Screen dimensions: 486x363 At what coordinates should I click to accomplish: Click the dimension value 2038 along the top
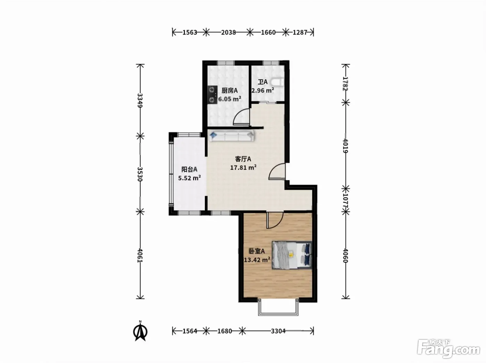[x=228, y=33]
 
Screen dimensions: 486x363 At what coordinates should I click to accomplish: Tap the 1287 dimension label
[x=300, y=33]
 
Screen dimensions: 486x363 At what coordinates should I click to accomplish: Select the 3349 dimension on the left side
[x=140, y=101]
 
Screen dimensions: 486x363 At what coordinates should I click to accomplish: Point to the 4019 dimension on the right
[x=346, y=146]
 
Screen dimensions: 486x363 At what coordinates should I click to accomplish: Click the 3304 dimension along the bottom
[x=278, y=331]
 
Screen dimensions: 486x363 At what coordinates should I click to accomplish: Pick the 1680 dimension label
[x=225, y=331]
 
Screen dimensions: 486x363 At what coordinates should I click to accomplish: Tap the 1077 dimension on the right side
[x=346, y=201]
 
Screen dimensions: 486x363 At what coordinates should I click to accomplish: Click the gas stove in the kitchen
[x=58, y=94]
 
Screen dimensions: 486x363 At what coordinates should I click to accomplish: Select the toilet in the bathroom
[x=277, y=82]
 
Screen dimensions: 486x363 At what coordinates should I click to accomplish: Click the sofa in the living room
[x=232, y=136]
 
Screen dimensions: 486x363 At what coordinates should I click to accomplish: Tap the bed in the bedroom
[x=292, y=255]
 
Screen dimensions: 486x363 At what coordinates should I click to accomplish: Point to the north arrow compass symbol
[x=140, y=331]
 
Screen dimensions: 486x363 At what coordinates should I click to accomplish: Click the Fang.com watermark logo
[x=449, y=349]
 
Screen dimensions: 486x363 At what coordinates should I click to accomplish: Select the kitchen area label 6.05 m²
[x=229, y=99]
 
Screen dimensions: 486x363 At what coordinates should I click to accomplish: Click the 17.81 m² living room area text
[x=243, y=167]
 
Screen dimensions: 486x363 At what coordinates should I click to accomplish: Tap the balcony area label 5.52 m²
[x=190, y=178]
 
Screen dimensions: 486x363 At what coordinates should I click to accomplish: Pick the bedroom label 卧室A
[x=257, y=251]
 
